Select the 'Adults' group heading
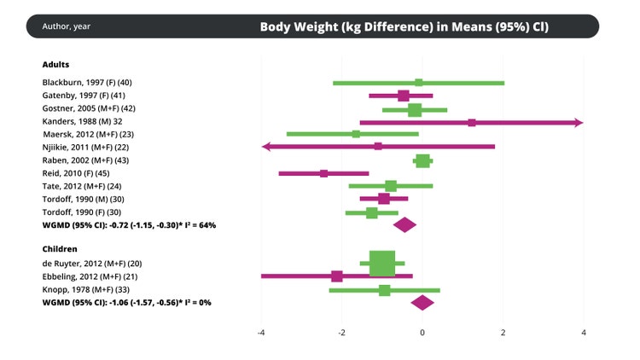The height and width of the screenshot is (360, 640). point(55,65)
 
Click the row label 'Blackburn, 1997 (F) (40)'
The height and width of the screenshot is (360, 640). point(87,82)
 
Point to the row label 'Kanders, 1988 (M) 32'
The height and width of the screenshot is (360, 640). point(82,121)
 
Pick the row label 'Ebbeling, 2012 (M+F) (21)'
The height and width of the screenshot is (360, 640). point(92,276)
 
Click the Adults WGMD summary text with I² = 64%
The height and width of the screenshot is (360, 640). point(129,225)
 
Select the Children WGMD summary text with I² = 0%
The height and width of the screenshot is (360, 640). point(126,302)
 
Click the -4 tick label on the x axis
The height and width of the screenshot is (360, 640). point(260,332)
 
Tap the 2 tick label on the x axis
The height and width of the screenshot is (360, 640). point(503,332)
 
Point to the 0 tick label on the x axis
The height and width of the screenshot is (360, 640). point(422,332)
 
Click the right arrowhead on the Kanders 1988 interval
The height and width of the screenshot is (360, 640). point(579,122)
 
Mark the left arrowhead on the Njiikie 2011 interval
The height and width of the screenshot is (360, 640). point(266,147)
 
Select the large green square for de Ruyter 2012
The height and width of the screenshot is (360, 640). point(382,264)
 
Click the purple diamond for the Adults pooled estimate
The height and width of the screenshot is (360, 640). point(404,225)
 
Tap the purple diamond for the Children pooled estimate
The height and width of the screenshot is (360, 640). point(422,302)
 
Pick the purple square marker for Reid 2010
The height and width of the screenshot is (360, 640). point(324,173)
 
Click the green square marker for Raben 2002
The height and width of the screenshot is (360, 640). point(422,160)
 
